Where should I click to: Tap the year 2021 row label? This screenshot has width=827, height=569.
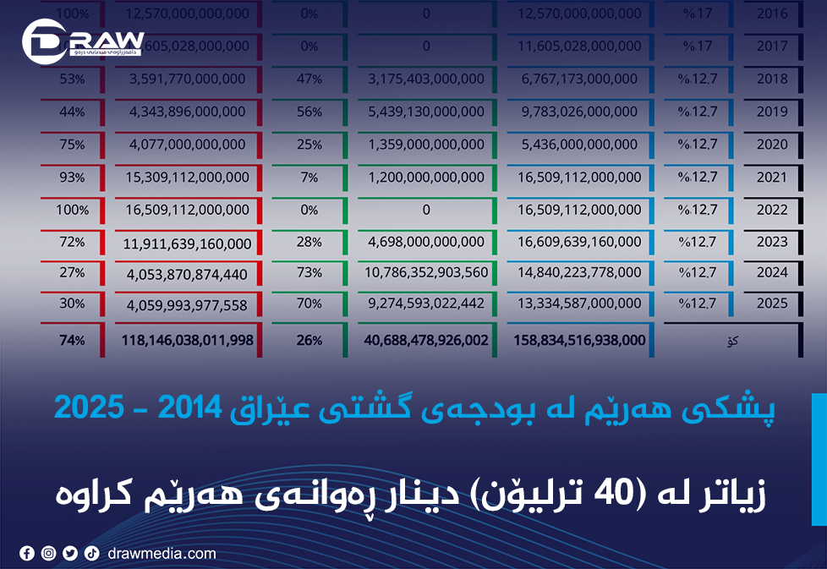(x=772, y=177)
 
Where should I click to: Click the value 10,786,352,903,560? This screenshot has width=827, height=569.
(x=427, y=272)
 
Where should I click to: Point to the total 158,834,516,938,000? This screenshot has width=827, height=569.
(x=579, y=340)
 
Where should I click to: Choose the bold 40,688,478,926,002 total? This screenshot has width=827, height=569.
(x=427, y=340)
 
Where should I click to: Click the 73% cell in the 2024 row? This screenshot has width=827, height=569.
(x=309, y=272)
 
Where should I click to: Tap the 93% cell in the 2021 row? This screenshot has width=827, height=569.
(x=72, y=177)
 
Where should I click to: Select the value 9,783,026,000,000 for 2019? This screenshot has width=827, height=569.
(x=579, y=112)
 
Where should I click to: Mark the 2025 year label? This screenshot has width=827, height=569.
(x=772, y=303)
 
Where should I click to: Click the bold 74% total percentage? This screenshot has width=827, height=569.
(x=72, y=340)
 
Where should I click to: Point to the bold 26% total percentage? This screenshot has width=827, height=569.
(x=309, y=340)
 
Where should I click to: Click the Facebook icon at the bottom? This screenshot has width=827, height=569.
(x=27, y=554)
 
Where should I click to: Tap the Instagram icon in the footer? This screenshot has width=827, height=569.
(x=49, y=554)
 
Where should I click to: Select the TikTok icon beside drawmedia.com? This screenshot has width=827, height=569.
(x=91, y=554)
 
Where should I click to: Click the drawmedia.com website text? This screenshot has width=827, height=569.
(x=162, y=554)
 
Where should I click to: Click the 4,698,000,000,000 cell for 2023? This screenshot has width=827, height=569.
(x=427, y=242)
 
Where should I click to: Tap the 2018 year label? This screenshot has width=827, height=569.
(x=772, y=79)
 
